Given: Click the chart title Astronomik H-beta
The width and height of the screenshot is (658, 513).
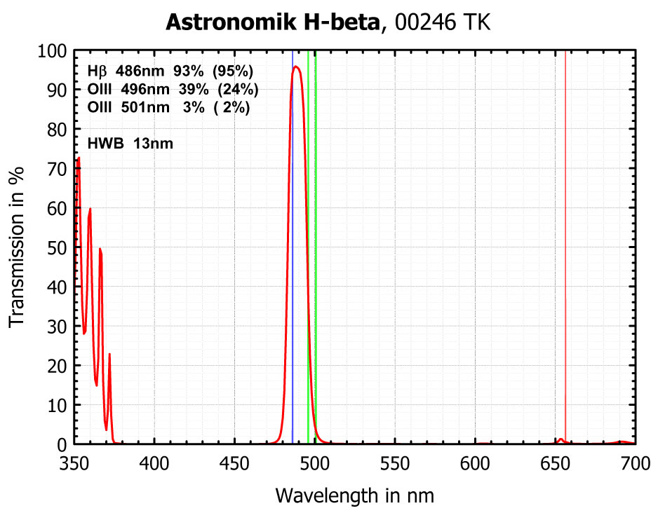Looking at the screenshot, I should (274, 22).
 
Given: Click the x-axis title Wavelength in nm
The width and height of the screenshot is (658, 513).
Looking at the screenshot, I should (355, 495).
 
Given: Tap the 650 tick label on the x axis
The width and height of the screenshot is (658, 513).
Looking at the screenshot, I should (555, 463).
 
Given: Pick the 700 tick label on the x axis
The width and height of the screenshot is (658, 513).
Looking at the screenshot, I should (635, 463).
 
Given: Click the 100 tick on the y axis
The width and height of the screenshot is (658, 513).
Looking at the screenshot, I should (74, 50).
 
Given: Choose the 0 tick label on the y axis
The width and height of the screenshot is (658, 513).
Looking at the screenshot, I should (62, 445).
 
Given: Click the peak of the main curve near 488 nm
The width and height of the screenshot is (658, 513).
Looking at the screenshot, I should (296, 67).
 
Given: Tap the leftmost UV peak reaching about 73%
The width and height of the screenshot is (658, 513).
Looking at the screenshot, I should (79, 158).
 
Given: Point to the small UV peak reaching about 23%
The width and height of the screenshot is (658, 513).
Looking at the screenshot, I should (109, 354).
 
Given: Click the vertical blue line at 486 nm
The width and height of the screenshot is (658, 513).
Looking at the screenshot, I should (293, 210).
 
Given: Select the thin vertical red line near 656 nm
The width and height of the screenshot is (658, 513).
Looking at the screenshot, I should (565, 210).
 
